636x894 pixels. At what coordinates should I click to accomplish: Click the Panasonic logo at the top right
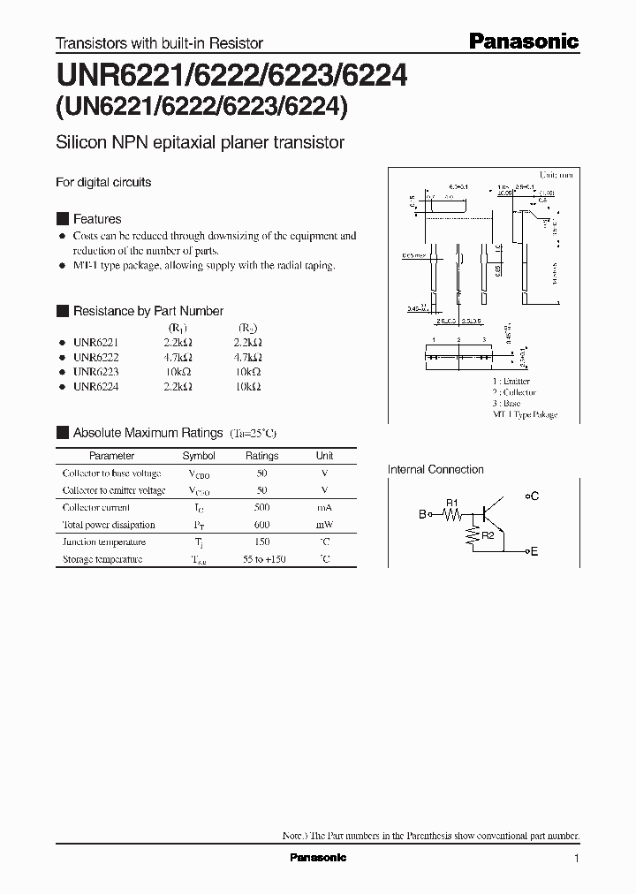[522, 42]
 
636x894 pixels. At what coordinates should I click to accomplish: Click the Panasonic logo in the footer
[318, 858]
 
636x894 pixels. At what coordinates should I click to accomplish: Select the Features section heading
[96, 219]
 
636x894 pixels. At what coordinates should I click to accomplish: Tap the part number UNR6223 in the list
[95, 372]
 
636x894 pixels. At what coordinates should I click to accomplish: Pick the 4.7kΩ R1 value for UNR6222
[178, 357]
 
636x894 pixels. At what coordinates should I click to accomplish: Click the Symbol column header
[199, 456]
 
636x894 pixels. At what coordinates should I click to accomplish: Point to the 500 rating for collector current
[261, 508]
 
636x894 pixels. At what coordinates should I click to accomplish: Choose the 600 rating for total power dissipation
[261, 525]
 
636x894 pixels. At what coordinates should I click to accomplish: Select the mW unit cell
[324, 525]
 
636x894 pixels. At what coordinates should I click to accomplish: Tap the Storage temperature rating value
[261, 559]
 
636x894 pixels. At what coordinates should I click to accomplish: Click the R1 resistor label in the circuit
[451, 503]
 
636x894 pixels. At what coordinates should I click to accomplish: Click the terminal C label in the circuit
[534, 496]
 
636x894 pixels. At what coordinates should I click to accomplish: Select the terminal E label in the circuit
[534, 551]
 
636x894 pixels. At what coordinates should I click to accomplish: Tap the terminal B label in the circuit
[422, 513]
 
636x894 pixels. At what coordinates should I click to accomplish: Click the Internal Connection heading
[435, 470]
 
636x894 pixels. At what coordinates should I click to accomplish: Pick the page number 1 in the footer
[576, 859]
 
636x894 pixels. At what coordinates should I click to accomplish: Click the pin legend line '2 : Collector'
[514, 392]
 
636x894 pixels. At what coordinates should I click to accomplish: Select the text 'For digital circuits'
[103, 182]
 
